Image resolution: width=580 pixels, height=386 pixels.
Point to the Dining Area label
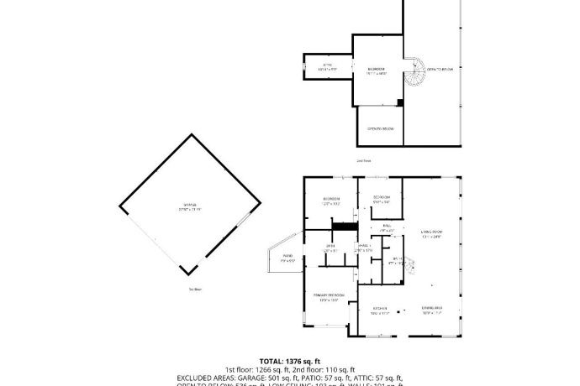pos(432,310)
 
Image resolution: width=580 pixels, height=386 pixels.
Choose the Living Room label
pos(431,234)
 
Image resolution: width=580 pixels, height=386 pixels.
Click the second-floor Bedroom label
pos(376,70)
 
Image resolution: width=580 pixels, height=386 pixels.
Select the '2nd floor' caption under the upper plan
pos(363,159)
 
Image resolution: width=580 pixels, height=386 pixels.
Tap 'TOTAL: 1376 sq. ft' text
pos(289,360)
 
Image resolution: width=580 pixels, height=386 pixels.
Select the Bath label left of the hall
pos(331,248)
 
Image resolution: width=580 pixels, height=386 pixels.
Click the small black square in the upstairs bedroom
pos(400,103)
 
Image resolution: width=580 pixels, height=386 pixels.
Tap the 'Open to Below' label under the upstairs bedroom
pos(381,128)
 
